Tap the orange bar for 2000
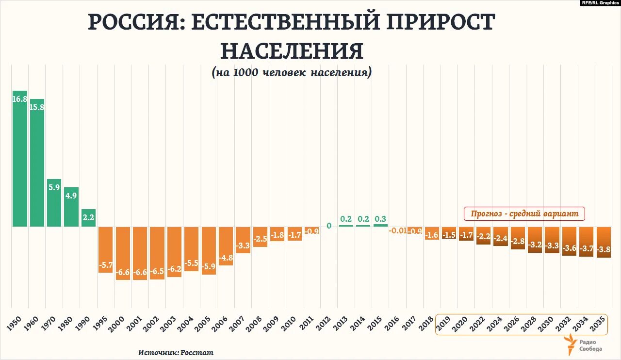[x=123, y=253]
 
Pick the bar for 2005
[x=209, y=250]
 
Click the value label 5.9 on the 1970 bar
[x=54, y=187]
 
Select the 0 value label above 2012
[x=329, y=226]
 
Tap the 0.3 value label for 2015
[x=380, y=219]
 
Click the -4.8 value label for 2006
[x=226, y=258]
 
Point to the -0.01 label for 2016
[x=398, y=230]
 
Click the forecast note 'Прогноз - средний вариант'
[x=524, y=213]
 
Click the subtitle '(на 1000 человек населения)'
[x=292, y=73]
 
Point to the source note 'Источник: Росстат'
[x=176, y=353]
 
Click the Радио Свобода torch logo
[x=571, y=345]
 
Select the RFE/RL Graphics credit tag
[x=600, y=3]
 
